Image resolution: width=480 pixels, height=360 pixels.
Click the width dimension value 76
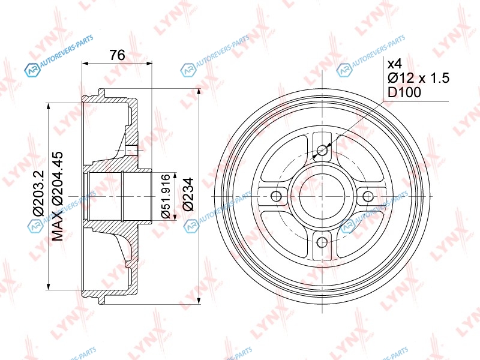point(118,55)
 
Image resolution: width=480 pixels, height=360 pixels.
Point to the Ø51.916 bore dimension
point(166,196)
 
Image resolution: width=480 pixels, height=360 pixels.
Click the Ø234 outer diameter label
point(188,194)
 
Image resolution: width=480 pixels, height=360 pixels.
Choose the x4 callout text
point(395,64)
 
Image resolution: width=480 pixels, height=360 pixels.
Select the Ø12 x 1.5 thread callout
point(418,78)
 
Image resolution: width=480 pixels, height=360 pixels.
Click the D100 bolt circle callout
point(404,92)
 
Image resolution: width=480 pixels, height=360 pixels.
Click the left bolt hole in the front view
point(277,196)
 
